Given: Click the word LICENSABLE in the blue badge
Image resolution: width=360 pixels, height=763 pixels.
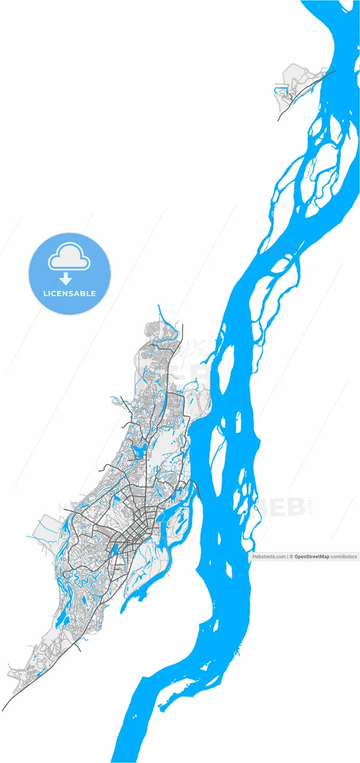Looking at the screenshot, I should point(70,294).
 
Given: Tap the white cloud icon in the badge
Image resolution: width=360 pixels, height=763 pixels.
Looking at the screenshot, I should point(69,258).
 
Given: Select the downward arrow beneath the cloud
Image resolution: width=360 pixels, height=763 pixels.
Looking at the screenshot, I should point(66,278).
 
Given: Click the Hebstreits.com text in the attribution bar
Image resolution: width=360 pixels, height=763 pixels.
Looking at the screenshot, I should point(269,557).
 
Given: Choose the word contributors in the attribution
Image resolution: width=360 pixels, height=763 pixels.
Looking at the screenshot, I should point(344,557).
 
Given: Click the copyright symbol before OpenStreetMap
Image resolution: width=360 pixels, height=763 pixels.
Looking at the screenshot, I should point(291,557).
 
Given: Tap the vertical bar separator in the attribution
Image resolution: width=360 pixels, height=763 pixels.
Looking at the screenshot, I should point(287,557).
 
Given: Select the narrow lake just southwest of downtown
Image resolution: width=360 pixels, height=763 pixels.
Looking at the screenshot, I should point(113,551).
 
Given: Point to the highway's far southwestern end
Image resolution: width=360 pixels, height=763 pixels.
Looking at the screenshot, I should point(5,708).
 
